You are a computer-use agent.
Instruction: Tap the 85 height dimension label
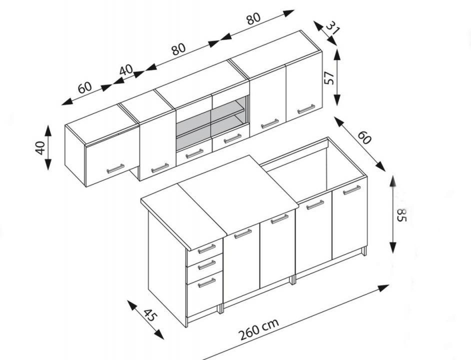(x=401, y=214)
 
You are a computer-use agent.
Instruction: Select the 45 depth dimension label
(x=150, y=314)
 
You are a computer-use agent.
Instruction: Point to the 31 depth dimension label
(x=332, y=27)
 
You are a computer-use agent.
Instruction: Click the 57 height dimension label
(x=329, y=78)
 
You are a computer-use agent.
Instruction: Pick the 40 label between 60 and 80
(x=126, y=70)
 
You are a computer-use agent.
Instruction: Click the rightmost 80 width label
(x=253, y=18)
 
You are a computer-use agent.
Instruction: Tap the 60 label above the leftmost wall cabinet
(x=84, y=87)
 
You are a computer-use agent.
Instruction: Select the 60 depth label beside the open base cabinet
(x=364, y=137)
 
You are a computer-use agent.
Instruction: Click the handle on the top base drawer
(x=206, y=248)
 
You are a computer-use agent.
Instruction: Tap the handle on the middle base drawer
(x=206, y=264)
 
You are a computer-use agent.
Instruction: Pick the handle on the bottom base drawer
(x=206, y=283)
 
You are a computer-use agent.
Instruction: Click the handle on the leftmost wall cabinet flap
(x=115, y=168)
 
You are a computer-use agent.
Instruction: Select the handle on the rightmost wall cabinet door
(x=306, y=109)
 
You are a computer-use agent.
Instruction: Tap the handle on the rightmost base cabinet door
(x=351, y=190)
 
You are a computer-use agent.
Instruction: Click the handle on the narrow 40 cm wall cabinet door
(x=160, y=168)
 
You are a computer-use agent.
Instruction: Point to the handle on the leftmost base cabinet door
(x=242, y=234)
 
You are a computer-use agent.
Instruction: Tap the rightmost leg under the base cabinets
(x=364, y=251)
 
